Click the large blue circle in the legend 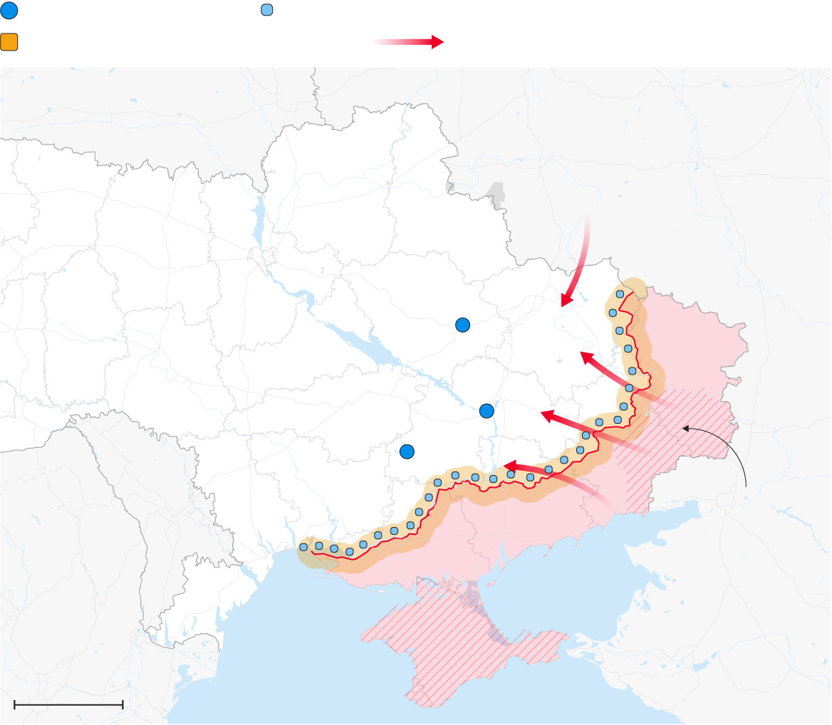point(9,11)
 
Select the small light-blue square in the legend point(267,10)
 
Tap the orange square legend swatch point(9,42)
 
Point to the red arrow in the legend point(408,42)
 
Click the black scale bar point(68,704)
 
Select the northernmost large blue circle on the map point(463,325)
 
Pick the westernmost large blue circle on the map point(407,451)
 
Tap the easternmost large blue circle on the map point(487,410)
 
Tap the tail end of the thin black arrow point(746,487)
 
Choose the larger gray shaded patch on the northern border point(494,193)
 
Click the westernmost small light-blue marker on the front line point(303,547)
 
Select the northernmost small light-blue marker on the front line point(620,293)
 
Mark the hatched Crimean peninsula point(456,641)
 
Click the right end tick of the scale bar point(123,704)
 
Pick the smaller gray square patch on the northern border point(449,187)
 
